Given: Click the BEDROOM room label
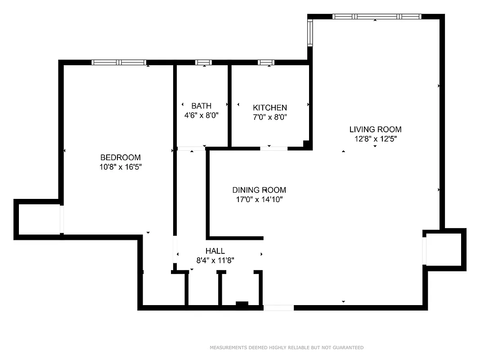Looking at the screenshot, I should coord(120,157).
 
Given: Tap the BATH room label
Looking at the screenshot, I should coord(201,106).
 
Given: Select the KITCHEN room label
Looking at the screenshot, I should coord(270,108).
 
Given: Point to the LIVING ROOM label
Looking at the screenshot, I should coord(375,130).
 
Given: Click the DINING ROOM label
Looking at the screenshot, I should coord(259,190).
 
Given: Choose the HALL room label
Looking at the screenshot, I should coord(215,251).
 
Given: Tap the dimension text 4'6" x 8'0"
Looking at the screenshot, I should coord(201,115).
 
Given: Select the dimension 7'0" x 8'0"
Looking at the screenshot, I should coord(270,117).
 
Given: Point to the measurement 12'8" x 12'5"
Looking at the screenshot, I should coord(375,139).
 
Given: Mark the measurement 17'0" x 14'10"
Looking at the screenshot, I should coord(259,199).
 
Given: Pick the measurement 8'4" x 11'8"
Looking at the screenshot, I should coord(215,260).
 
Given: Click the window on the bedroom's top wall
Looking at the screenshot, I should coord(119,63).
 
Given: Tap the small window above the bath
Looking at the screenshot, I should coord(203,63).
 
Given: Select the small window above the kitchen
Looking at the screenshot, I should coord(266,63).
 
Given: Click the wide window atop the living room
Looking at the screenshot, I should coord(377,17).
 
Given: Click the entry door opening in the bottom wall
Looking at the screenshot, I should coord(278,308).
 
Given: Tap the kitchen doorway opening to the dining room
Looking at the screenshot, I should coord(274,148).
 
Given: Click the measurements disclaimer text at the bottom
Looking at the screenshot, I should coord(287,347).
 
